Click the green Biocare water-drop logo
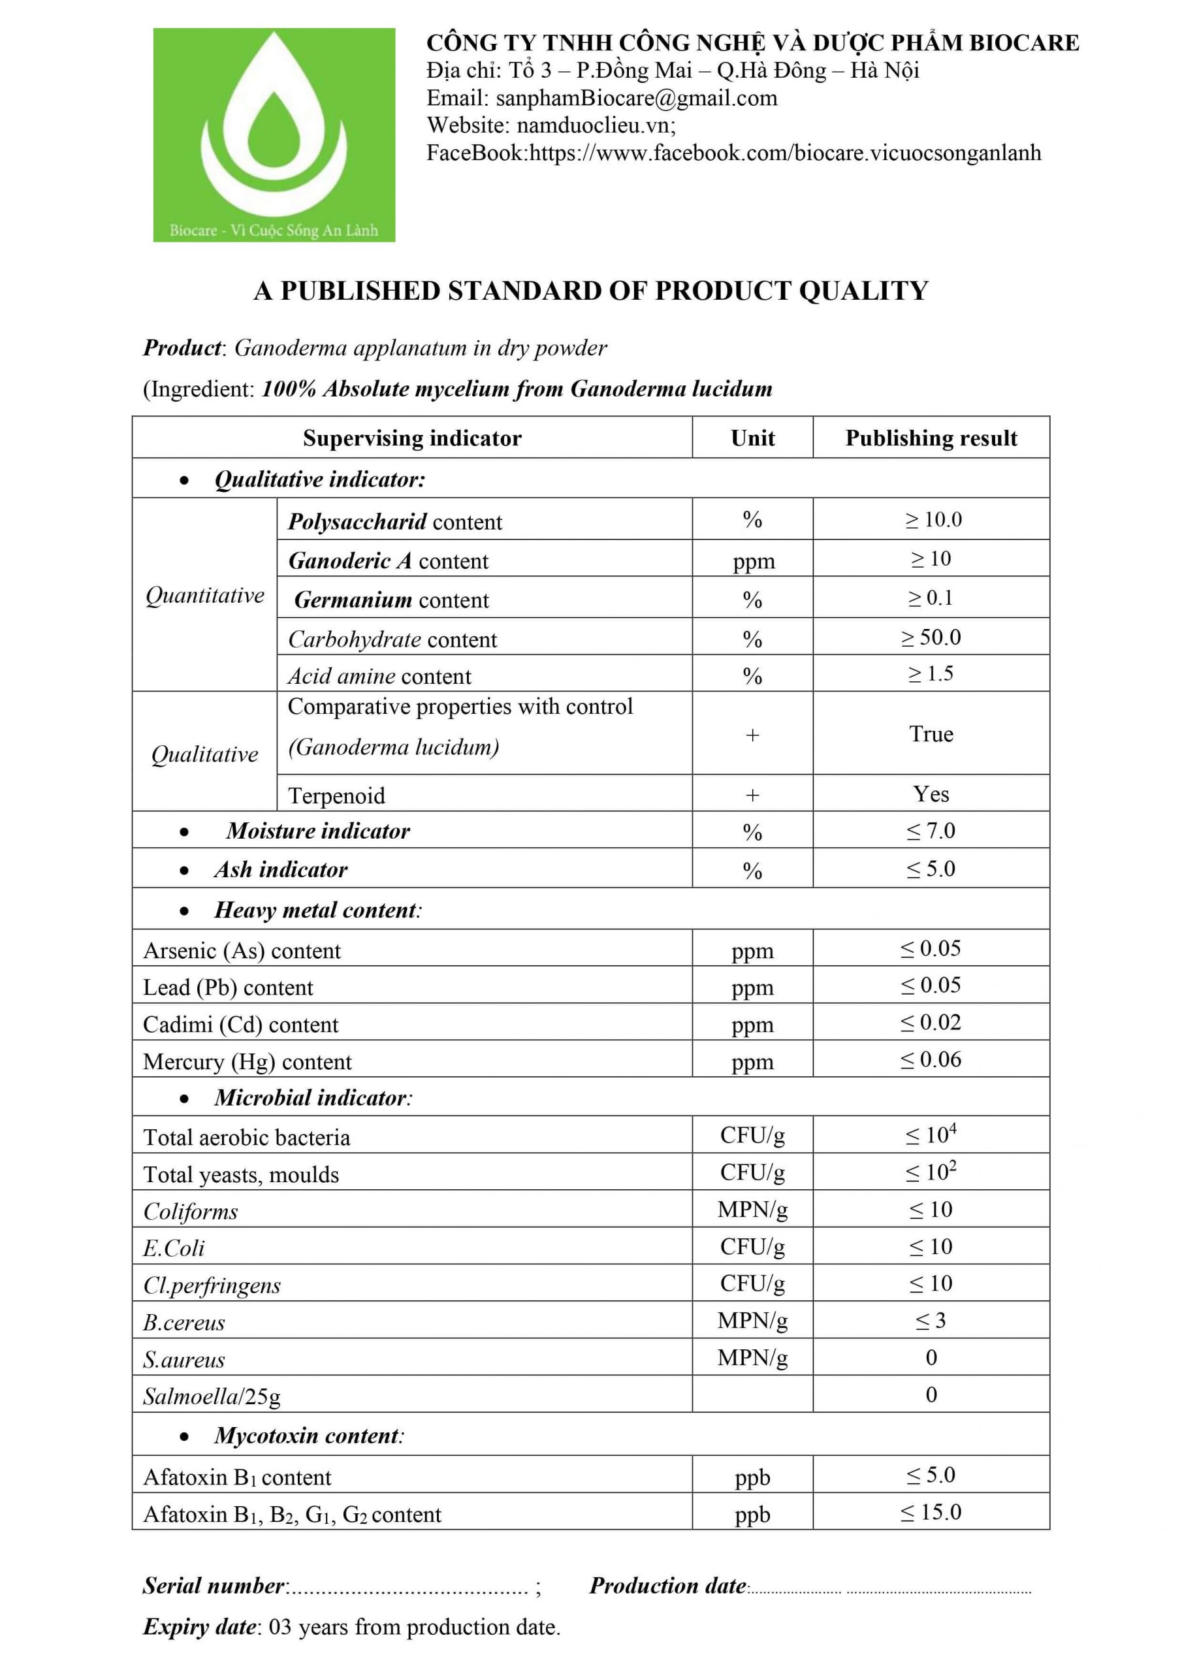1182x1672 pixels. coord(274,135)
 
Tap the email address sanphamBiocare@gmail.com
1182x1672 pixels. coord(636,97)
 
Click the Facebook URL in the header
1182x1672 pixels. coord(785,153)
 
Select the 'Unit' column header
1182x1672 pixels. coord(752,438)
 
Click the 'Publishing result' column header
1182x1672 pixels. coord(931,438)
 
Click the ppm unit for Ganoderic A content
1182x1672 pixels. coord(753,562)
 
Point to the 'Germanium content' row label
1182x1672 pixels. coord(391,600)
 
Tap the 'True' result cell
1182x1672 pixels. coord(931,733)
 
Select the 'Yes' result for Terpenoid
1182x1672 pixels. coord(931,794)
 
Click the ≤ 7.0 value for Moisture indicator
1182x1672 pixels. coord(931,831)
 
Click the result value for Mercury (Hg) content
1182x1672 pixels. coord(931,1059)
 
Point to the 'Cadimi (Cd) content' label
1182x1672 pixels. coord(240,1025)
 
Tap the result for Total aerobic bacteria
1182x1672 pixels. coord(931,1134)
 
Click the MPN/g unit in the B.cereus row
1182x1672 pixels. coord(752,1320)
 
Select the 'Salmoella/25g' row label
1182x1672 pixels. coord(211,1396)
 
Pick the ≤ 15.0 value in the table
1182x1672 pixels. coord(931,1513)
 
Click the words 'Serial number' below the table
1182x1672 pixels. coord(214,1585)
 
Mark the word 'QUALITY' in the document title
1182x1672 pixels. coord(863,291)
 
